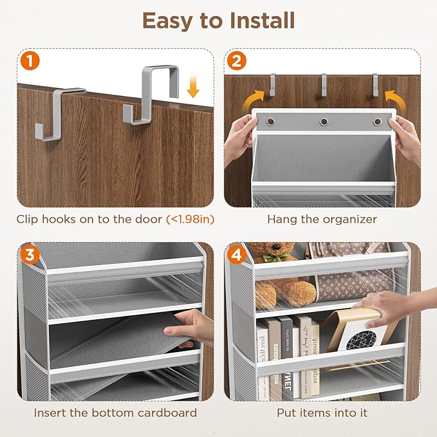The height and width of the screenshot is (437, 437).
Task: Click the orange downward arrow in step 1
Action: (192, 88)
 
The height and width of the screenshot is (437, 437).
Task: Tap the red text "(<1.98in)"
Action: (190, 219)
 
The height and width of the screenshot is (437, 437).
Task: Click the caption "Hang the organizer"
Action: (321, 219)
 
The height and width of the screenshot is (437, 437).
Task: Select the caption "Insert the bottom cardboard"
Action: (115, 413)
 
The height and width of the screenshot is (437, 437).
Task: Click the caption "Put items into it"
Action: (321, 413)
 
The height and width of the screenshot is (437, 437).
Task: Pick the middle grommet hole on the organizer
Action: (324, 121)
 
